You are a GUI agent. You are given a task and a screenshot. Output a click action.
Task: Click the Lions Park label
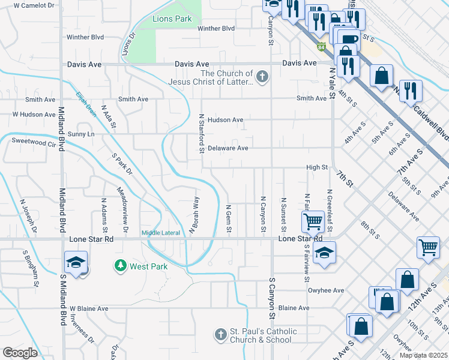pos(172,19)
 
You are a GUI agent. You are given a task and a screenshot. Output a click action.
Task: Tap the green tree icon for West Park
pos(120,265)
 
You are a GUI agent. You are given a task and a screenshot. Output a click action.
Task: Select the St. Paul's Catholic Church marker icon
pos(221,333)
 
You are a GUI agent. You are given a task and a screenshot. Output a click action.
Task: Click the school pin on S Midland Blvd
pos(77,263)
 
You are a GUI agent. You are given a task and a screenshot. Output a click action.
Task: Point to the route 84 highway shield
pos(322,46)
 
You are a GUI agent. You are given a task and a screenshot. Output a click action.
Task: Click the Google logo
pos(20,353)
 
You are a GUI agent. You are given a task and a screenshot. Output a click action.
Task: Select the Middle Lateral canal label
pos(160,233)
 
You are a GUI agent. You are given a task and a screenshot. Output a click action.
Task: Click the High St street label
pos(316,168)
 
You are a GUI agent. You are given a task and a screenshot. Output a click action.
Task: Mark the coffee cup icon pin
pos(349,40)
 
